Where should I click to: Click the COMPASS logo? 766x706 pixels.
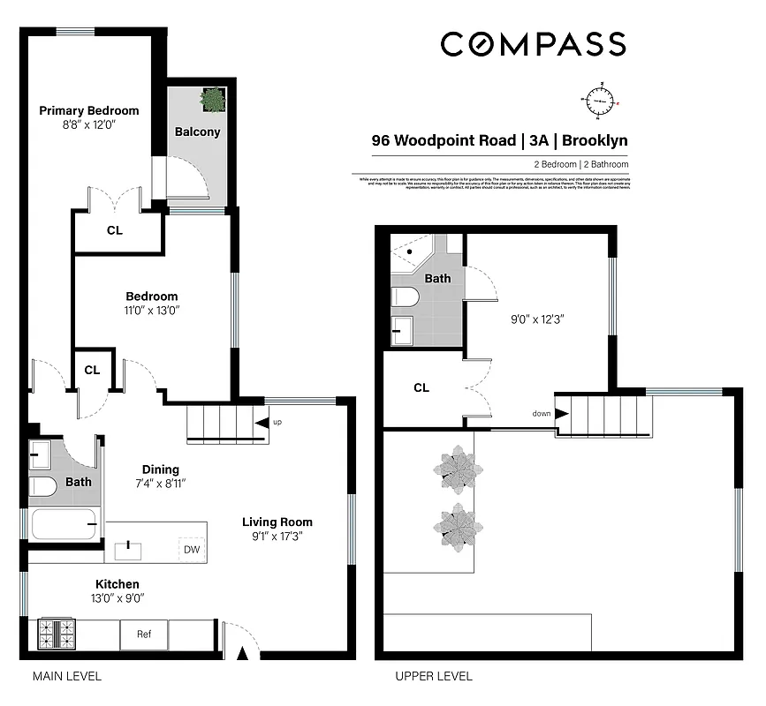(x=533, y=43)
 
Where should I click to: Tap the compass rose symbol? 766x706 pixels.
(x=600, y=101)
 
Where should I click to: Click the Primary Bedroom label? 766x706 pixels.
(x=89, y=111)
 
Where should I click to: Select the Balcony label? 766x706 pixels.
(x=197, y=132)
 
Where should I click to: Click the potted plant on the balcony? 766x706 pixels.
(x=212, y=100)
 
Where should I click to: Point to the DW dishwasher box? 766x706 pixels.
(x=191, y=549)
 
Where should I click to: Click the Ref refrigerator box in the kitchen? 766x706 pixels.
(x=143, y=634)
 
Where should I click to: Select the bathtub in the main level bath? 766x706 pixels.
(x=62, y=525)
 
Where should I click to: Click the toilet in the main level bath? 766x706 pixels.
(x=42, y=487)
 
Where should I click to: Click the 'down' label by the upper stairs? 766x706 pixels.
(x=542, y=413)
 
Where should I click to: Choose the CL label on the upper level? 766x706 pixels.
(x=421, y=387)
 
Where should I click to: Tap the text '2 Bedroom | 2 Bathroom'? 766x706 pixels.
(x=580, y=165)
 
